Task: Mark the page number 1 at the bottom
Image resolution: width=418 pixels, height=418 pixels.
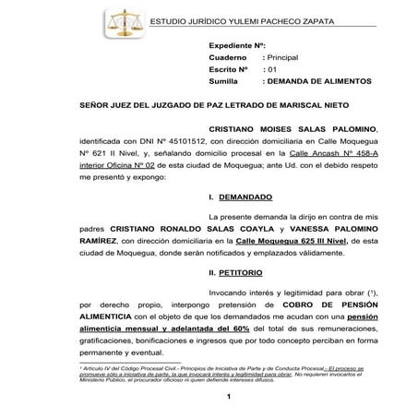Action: point(227,396)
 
